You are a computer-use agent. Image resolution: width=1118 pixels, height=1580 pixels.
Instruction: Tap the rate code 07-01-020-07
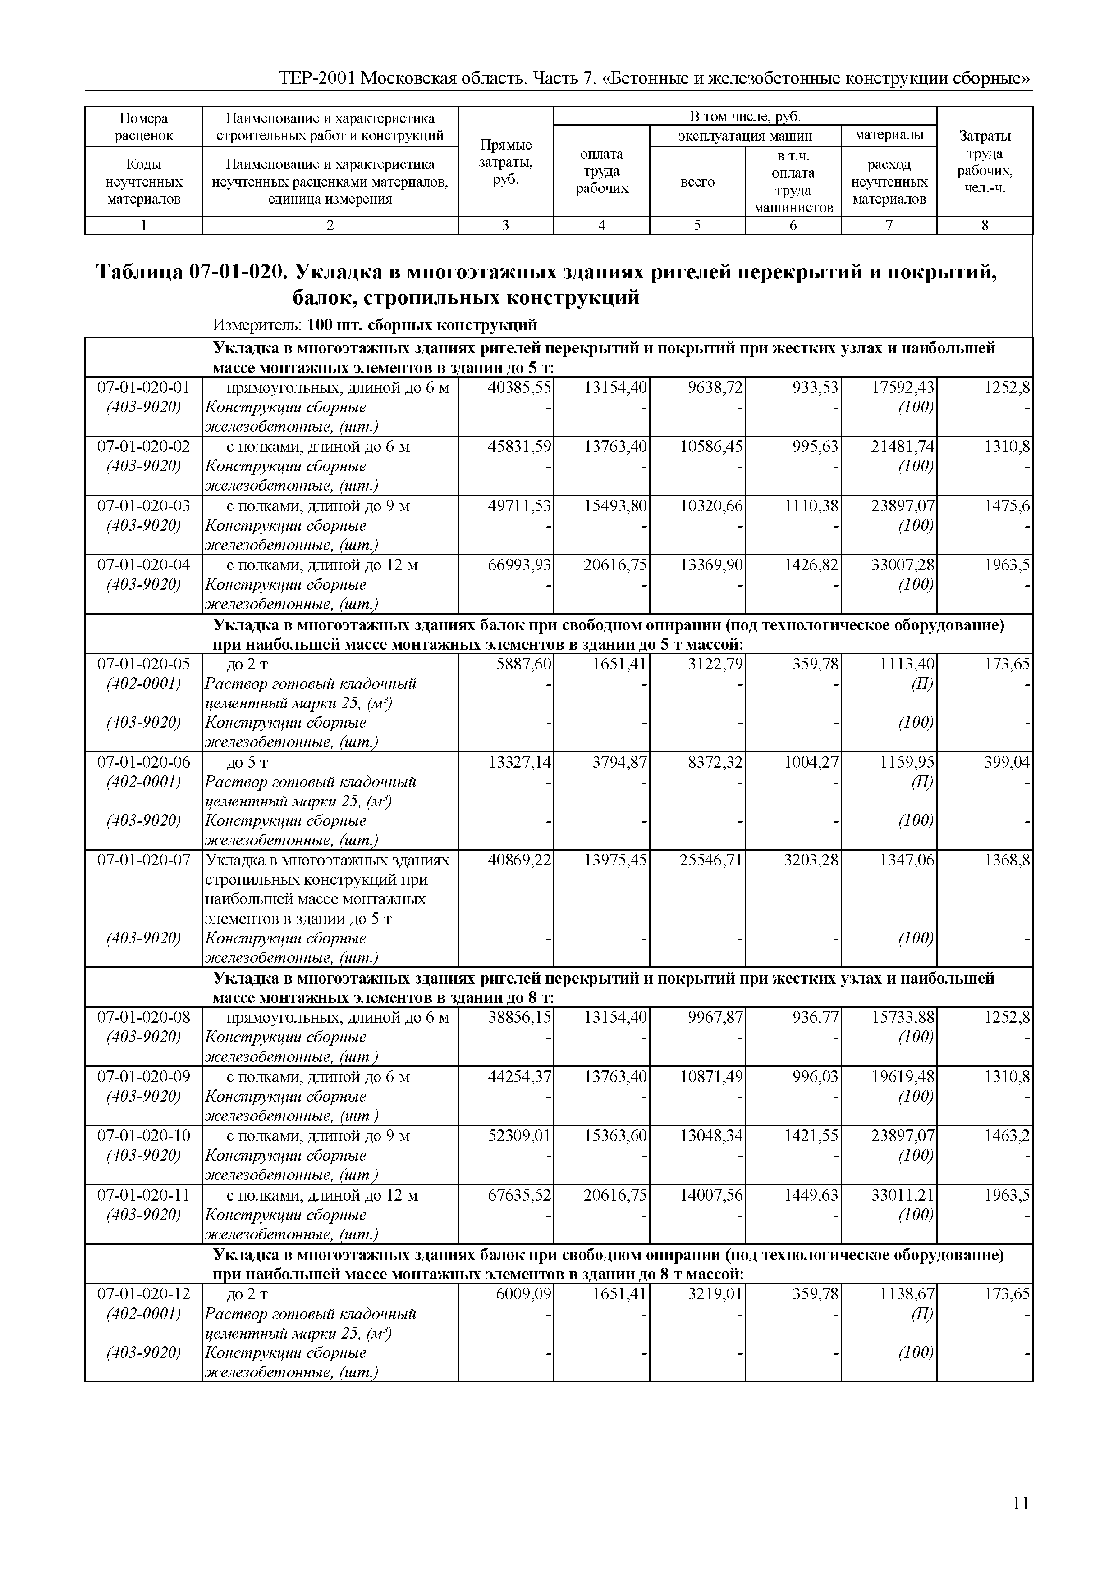click(143, 860)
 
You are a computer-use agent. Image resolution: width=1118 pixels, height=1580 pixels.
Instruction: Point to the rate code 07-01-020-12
click(143, 1294)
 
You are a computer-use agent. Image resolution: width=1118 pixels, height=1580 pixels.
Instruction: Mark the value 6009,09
click(523, 1294)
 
